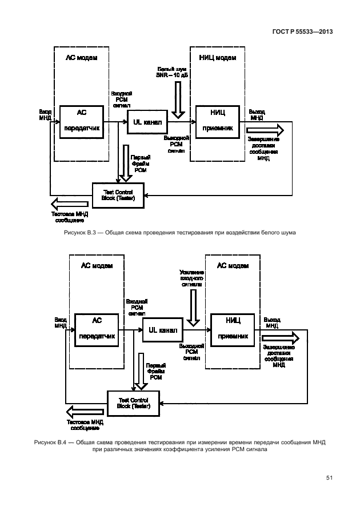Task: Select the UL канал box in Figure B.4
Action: (x=163, y=330)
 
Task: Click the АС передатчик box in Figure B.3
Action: (x=82, y=122)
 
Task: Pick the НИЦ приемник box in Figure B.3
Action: (x=218, y=121)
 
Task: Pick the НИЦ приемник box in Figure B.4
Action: (x=232, y=330)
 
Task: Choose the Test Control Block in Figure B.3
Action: (x=118, y=195)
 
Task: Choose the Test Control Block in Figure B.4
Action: (x=133, y=403)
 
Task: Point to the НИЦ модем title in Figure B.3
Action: (x=217, y=58)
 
